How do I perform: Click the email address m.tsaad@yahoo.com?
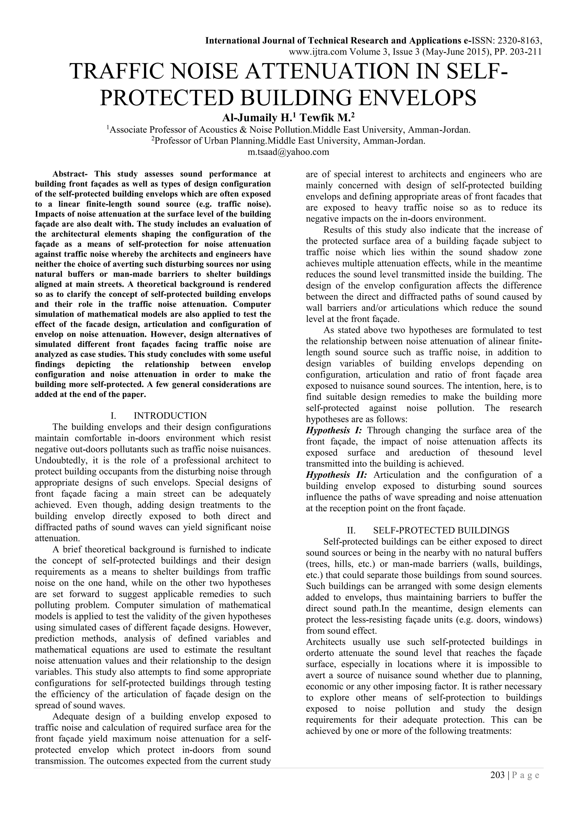(x=288, y=152)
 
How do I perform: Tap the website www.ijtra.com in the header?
(x=318, y=52)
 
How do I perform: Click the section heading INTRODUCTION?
(x=170, y=416)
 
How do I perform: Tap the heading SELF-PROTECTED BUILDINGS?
(x=441, y=530)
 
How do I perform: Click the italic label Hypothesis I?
(x=334, y=431)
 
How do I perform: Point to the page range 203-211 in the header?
(x=525, y=52)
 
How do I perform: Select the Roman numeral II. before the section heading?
(x=351, y=530)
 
